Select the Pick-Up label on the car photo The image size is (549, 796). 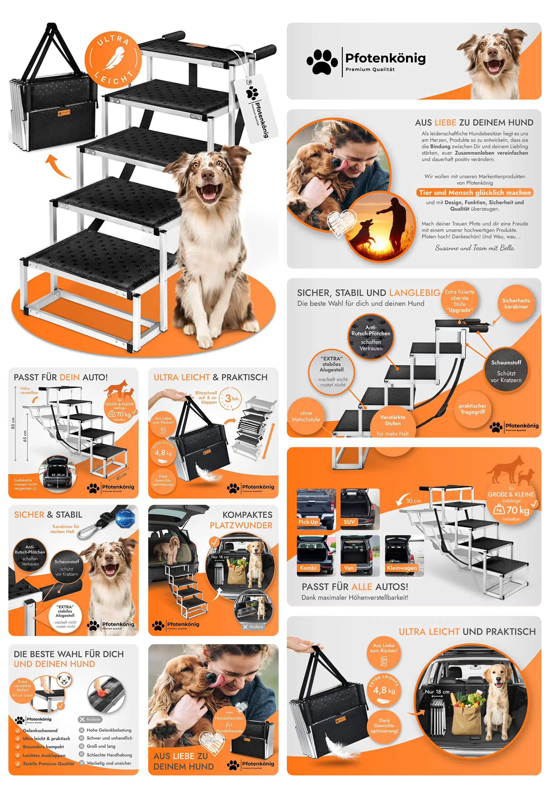[x=308, y=522]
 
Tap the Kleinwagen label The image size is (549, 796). [x=401, y=568]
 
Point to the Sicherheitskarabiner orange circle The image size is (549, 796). [x=516, y=304]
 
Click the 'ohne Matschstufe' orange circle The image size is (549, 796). [x=306, y=416]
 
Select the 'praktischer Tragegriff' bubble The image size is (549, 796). [x=472, y=409]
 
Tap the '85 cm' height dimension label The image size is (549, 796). [x=13, y=423]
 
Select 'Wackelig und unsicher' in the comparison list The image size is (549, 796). [x=109, y=763]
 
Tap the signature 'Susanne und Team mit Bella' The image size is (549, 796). [x=474, y=248]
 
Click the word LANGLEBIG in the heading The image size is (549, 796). [x=414, y=293]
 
